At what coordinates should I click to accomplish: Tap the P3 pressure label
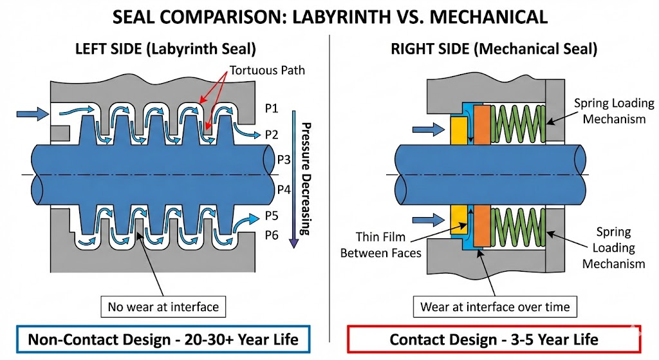(x=284, y=158)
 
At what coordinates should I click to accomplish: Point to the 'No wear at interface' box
(x=163, y=307)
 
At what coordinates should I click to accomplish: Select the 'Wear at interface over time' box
(x=495, y=307)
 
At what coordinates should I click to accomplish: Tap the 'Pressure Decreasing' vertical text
(x=306, y=177)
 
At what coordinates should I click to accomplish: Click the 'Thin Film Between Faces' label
(x=380, y=245)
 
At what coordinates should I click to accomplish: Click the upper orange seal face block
(x=482, y=125)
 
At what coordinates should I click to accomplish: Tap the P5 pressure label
(x=272, y=215)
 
